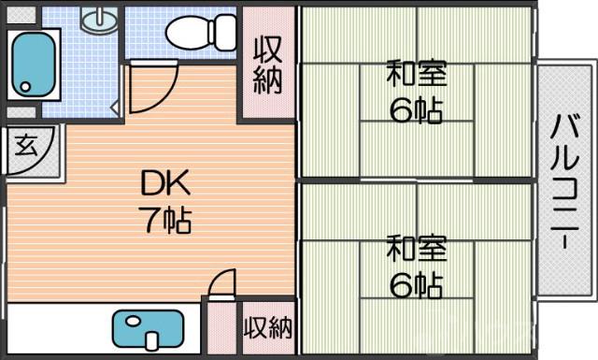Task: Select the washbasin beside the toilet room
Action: pos(97,18)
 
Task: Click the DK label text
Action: pos(164,181)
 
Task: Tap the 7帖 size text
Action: pos(165,221)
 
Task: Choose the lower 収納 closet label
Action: pos(268,328)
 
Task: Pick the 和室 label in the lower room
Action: pos(417,250)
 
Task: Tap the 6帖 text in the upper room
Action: pos(417,109)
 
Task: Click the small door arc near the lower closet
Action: pos(221,283)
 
